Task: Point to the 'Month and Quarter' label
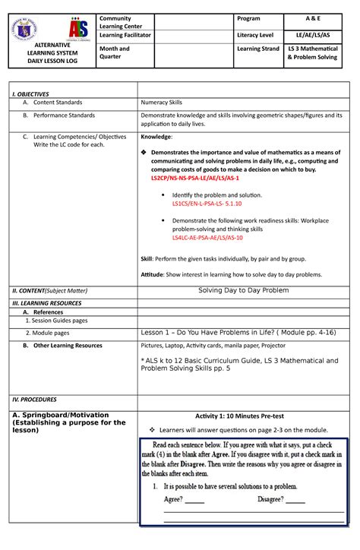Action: click(118, 53)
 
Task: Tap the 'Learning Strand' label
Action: click(263, 49)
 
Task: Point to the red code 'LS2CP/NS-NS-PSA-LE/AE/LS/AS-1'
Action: click(194, 179)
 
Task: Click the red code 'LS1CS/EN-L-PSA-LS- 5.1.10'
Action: click(207, 204)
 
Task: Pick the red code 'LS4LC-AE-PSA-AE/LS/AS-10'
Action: click(207, 238)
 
